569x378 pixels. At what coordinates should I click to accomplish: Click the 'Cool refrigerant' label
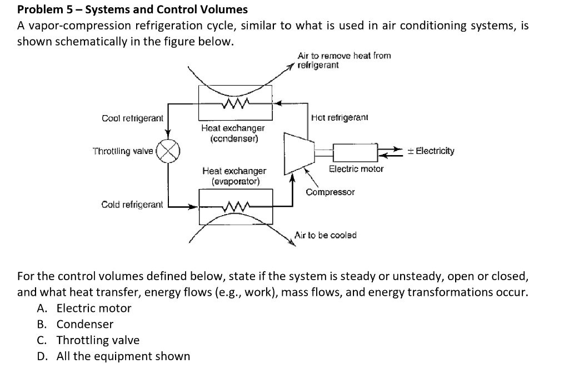132,118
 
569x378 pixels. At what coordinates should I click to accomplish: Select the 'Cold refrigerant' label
132,205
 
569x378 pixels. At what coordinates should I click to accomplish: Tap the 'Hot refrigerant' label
340,117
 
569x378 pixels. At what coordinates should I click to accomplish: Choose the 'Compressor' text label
330,192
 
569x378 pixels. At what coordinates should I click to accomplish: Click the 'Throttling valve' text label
123,151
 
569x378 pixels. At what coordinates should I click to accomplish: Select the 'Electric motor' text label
356,168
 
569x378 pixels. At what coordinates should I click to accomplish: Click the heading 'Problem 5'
132,9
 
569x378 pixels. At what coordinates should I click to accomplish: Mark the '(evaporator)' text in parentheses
234,181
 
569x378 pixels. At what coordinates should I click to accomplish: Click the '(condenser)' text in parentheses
233,138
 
